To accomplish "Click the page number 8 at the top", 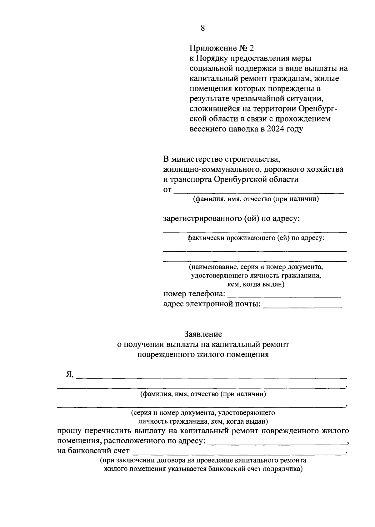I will [x=203, y=28].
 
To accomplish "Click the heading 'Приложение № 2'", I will [x=222, y=48].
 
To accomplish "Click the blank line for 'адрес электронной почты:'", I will [x=302, y=306].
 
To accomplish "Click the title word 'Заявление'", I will [x=203, y=334].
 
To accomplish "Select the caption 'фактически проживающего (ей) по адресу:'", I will [x=255, y=239].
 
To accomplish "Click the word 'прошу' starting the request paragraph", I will [x=69, y=431].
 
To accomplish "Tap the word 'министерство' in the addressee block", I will [x=196, y=159].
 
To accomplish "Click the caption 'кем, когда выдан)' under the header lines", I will [x=255, y=284].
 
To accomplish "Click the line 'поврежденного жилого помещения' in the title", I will [x=203, y=355].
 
